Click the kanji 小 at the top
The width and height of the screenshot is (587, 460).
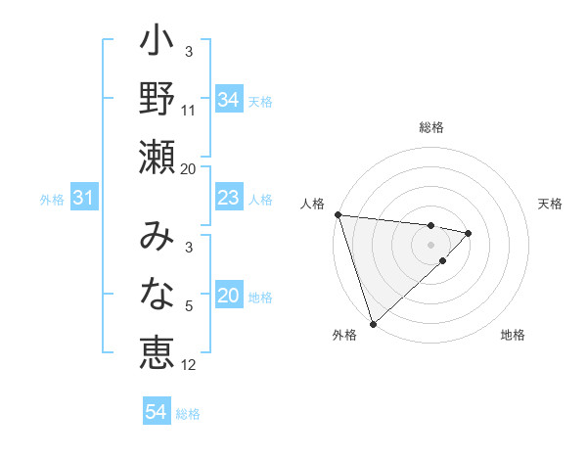(158, 44)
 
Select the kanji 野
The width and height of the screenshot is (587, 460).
(158, 98)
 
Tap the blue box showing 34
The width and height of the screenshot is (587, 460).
(229, 100)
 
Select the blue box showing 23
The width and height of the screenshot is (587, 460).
(229, 199)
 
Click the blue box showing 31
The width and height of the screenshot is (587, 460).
(84, 199)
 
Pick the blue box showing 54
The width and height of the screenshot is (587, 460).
(157, 412)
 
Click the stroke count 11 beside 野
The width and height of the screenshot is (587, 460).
(189, 111)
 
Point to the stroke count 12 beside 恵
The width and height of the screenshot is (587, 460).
(189, 365)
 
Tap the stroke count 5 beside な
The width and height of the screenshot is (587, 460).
(189, 307)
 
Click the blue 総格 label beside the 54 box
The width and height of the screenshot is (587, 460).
(188, 414)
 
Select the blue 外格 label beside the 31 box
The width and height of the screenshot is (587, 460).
(52, 200)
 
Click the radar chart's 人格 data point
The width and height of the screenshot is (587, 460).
(338, 214)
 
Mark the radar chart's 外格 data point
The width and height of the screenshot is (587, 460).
(373, 322)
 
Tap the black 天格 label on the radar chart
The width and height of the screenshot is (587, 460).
(551, 204)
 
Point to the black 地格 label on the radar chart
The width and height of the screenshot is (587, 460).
(513, 336)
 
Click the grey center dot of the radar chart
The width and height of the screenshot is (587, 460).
(431, 244)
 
